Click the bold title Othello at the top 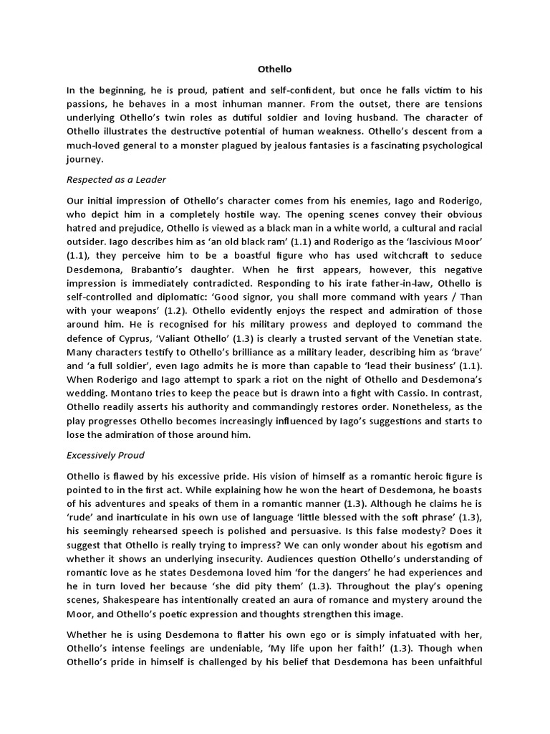tap(274, 70)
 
